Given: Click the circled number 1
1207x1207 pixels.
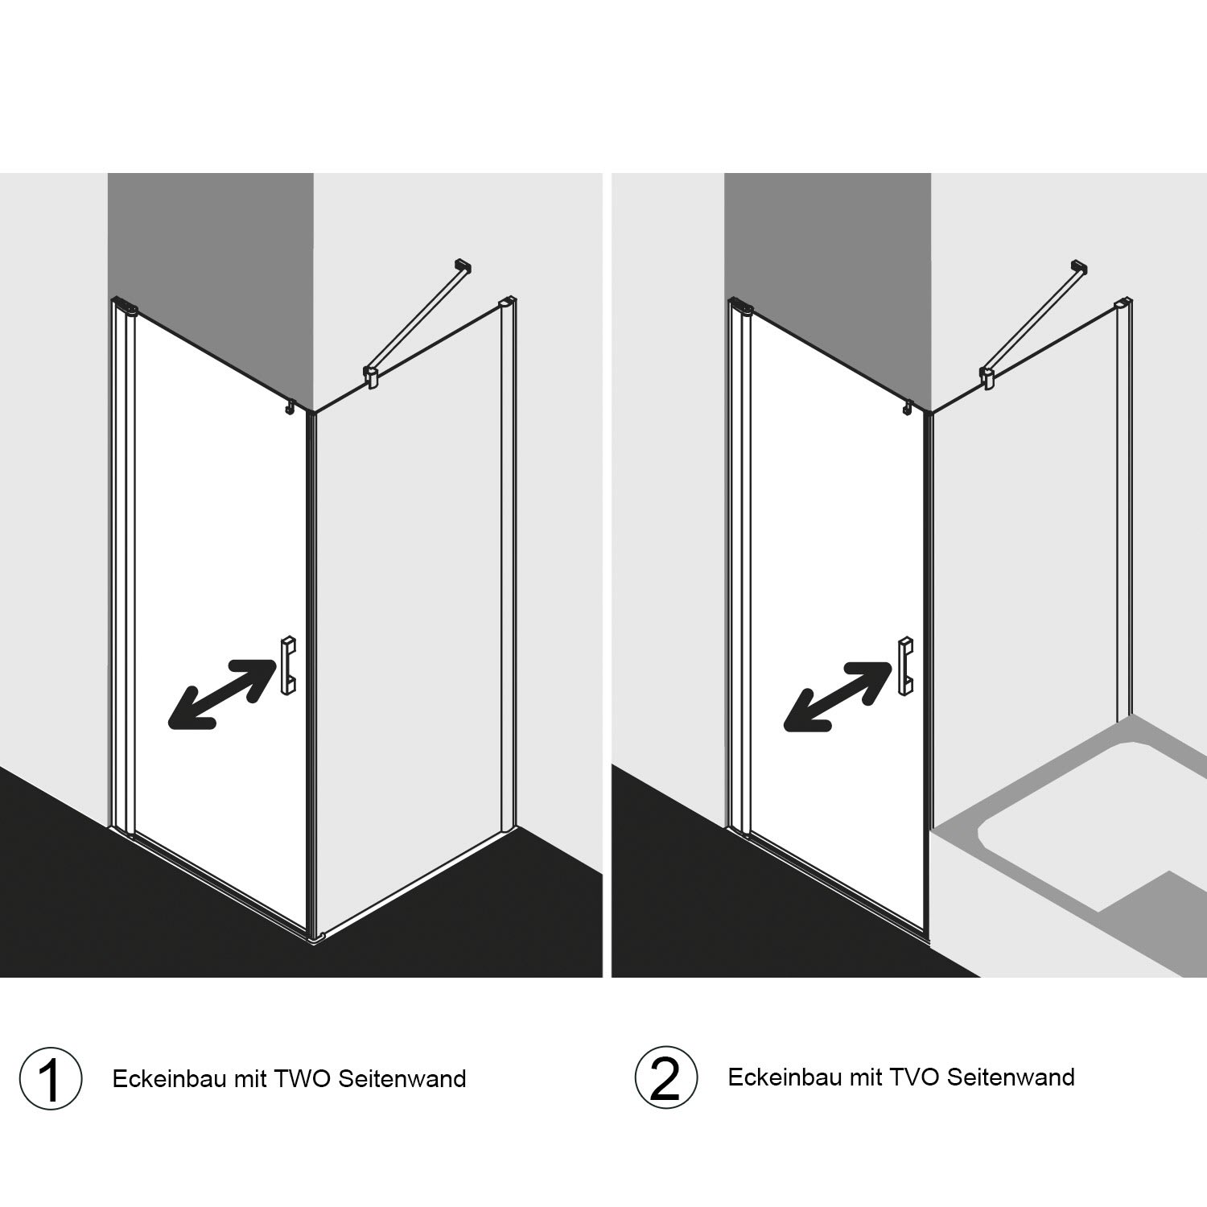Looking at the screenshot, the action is click(51, 1078).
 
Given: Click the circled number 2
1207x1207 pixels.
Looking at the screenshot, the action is click(665, 1078).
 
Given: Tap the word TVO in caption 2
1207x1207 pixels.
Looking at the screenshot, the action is click(916, 1077).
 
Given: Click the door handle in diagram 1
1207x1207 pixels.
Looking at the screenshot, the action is click(288, 665).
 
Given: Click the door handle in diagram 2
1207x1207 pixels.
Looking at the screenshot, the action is click(905, 665).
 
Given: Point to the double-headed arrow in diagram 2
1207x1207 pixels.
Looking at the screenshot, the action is click(838, 694).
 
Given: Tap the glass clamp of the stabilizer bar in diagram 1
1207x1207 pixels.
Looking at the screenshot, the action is click(372, 377).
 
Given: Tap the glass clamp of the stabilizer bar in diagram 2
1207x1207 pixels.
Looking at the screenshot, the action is click(988, 377).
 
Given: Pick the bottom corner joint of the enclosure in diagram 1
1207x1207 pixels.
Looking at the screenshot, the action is click(315, 937).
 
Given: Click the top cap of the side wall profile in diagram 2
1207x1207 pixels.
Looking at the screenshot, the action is click(1123, 303).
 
